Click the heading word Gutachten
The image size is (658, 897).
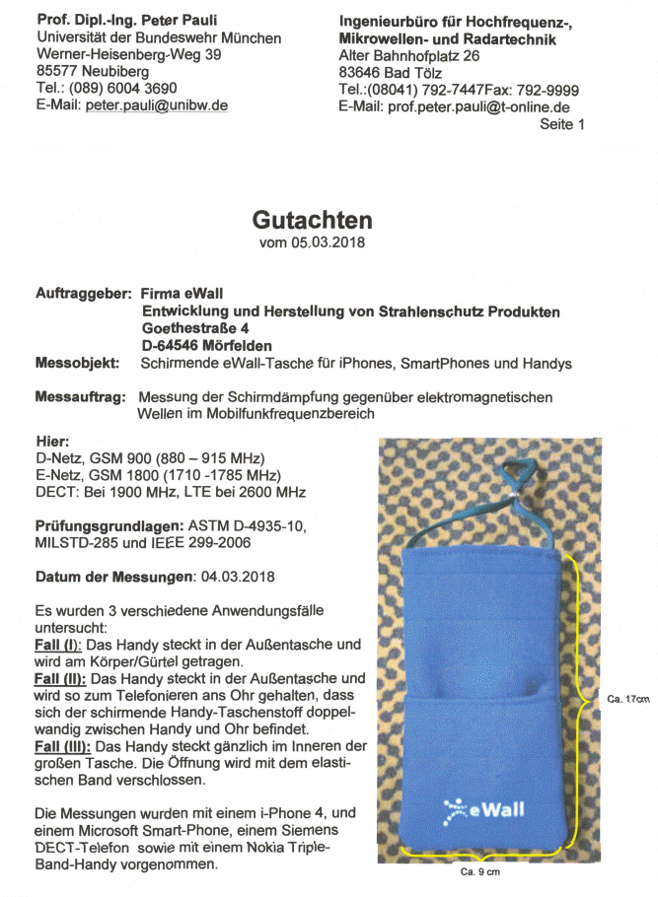point(312,219)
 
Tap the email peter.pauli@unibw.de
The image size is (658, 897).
point(157,105)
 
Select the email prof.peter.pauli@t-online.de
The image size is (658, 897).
point(478,106)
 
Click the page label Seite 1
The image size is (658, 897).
point(562,124)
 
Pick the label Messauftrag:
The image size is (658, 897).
point(80,396)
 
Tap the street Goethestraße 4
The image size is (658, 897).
point(196,328)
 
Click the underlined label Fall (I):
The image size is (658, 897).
point(58,645)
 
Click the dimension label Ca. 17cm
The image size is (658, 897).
point(628,699)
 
